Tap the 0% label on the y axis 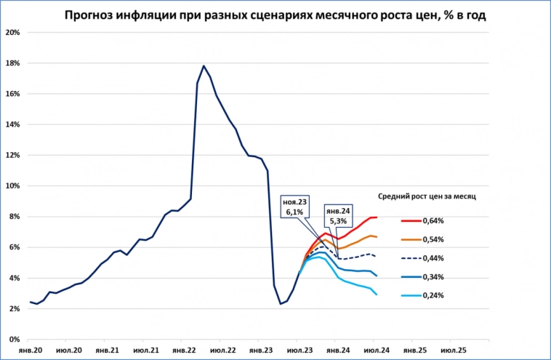pyautogui.click(x=14, y=340)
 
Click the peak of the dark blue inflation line pyautogui.click(x=204, y=66)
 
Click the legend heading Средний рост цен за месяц pyautogui.click(x=427, y=196)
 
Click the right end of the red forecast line pyautogui.click(x=376, y=217)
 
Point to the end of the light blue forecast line pyautogui.click(x=376, y=294)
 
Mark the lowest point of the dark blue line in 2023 pyautogui.click(x=281, y=303)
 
